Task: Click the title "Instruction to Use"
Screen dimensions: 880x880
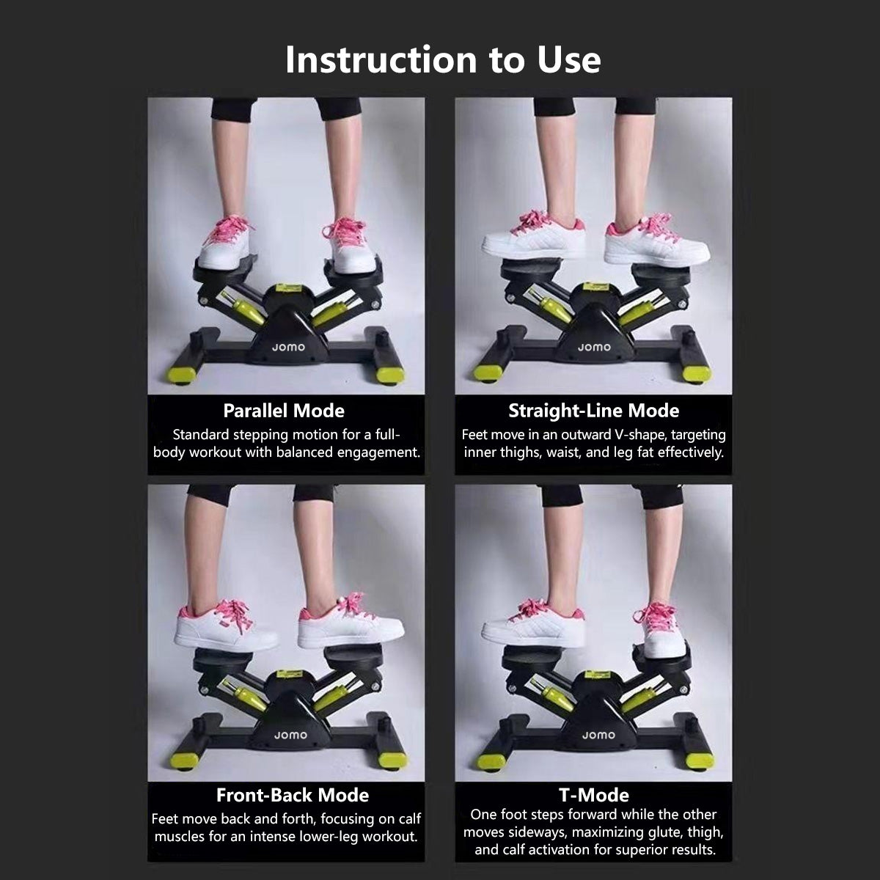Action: pos(442,60)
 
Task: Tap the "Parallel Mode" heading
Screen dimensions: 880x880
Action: pos(284,411)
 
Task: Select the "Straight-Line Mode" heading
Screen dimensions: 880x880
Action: pos(594,411)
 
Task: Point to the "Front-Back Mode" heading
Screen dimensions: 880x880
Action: pos(293,795)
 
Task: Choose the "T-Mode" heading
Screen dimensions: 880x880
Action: pos(594,795)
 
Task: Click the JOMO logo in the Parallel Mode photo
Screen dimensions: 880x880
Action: pos(288,348)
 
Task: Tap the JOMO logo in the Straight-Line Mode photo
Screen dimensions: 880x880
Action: pos(594,348)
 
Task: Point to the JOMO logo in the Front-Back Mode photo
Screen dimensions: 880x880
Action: pos(290,736)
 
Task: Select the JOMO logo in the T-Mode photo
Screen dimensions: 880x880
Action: pos(598,736)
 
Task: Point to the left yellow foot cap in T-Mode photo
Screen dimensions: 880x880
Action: pos(489,762)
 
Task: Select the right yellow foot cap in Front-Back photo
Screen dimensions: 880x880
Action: pos(392,761)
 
